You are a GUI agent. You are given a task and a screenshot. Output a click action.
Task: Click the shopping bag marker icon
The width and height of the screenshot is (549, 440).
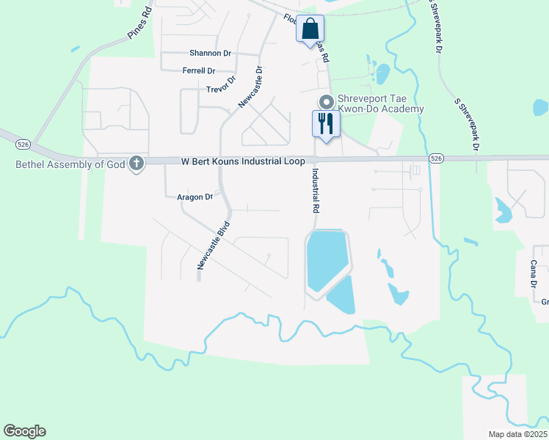click(310, 30)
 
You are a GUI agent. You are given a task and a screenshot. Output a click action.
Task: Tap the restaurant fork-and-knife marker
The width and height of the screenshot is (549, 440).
click(326, 122)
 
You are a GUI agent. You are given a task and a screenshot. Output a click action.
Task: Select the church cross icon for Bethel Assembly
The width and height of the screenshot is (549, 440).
click(136, 164)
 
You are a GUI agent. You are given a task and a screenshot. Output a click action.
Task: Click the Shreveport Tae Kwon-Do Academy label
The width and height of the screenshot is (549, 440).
click(380, 104)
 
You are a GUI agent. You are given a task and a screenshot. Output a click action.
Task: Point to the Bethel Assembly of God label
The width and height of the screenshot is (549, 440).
click(70, 164)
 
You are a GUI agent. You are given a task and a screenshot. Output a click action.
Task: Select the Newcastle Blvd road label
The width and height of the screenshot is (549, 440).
click(213, 246)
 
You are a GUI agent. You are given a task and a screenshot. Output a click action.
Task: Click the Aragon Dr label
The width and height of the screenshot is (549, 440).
click(194, 197)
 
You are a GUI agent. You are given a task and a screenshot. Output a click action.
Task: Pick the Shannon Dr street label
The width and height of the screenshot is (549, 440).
click(210, 53)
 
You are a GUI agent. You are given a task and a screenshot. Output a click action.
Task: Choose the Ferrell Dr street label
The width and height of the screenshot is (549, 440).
click(198, 71)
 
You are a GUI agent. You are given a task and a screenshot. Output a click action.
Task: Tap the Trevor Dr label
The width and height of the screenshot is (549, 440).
click(221, 85)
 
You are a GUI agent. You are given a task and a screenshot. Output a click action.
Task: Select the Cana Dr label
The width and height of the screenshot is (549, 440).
click(534, 274)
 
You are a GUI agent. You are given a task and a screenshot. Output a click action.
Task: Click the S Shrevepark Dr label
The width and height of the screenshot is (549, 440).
click(467, 125)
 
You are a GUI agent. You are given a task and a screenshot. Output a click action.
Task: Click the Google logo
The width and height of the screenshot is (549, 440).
click(24, 431)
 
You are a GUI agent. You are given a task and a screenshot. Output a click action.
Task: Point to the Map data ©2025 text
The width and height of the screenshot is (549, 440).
click(517, 433)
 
